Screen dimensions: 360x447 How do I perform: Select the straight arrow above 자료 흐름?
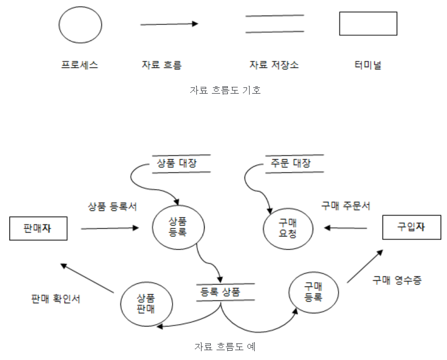[x=169, y=24]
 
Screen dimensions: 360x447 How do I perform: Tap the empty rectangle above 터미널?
[x=368, y=24]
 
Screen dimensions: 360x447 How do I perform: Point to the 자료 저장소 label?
[x=274, y=65]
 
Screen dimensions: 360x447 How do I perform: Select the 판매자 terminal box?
[x=38, y=228]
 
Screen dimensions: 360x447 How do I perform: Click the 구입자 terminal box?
[x=411, y=228]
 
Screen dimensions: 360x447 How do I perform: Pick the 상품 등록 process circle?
[x=178, y=227]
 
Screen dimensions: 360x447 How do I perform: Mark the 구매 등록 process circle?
[x=313, y=292]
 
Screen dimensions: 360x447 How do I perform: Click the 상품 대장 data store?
[x=180, y=163]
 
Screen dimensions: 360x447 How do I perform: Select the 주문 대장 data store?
[x=294, y=163]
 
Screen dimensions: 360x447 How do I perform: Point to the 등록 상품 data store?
[x=226, y=292]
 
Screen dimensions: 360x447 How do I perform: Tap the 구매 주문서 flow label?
[x=346, y=206]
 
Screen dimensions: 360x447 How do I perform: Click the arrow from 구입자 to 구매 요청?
[x=346, y=228]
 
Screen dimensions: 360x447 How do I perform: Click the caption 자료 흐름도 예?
[x=225, y=347]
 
